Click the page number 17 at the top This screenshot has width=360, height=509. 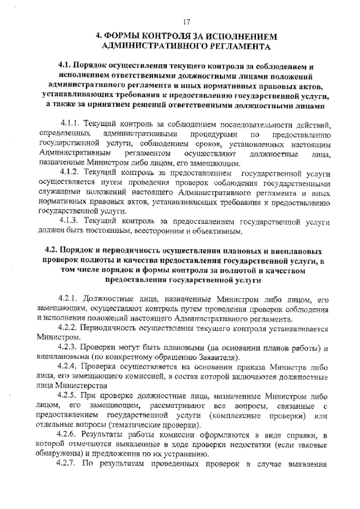187,22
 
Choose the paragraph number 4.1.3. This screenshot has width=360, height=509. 71,222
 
